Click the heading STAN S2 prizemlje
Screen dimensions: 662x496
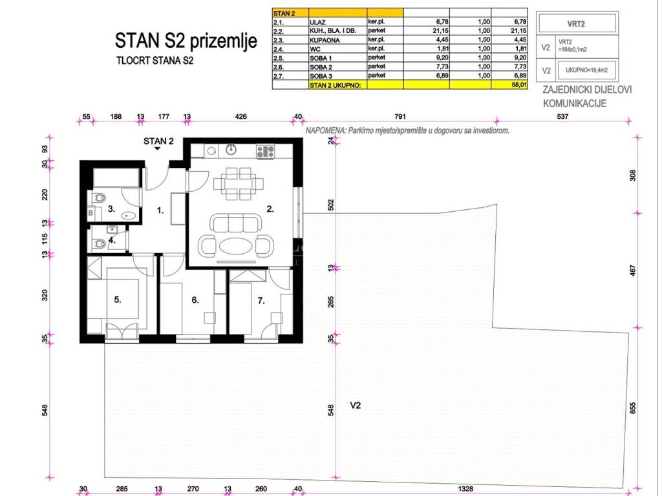point(186,41)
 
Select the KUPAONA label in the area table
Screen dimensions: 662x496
point(325,40)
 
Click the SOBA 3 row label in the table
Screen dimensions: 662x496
point(321,76)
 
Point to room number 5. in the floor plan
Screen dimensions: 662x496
point(118,300)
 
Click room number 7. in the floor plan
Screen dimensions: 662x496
point(261,300)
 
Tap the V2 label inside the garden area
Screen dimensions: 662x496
point(356,406)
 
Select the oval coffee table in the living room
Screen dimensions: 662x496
point(236,246)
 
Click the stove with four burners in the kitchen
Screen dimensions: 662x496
point(265,151)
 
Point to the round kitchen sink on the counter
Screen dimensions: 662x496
point(231,150)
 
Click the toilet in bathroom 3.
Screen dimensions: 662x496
point(99,198)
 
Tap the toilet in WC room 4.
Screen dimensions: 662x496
point(99,243)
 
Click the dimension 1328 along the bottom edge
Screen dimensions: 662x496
point(465,488)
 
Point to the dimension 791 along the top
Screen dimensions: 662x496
point(400,116)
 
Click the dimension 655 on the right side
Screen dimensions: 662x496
point(632,408)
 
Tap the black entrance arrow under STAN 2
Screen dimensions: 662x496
point(158,148)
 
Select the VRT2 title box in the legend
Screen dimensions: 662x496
point(577,24)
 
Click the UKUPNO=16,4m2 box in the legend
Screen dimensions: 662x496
point(586,70)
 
